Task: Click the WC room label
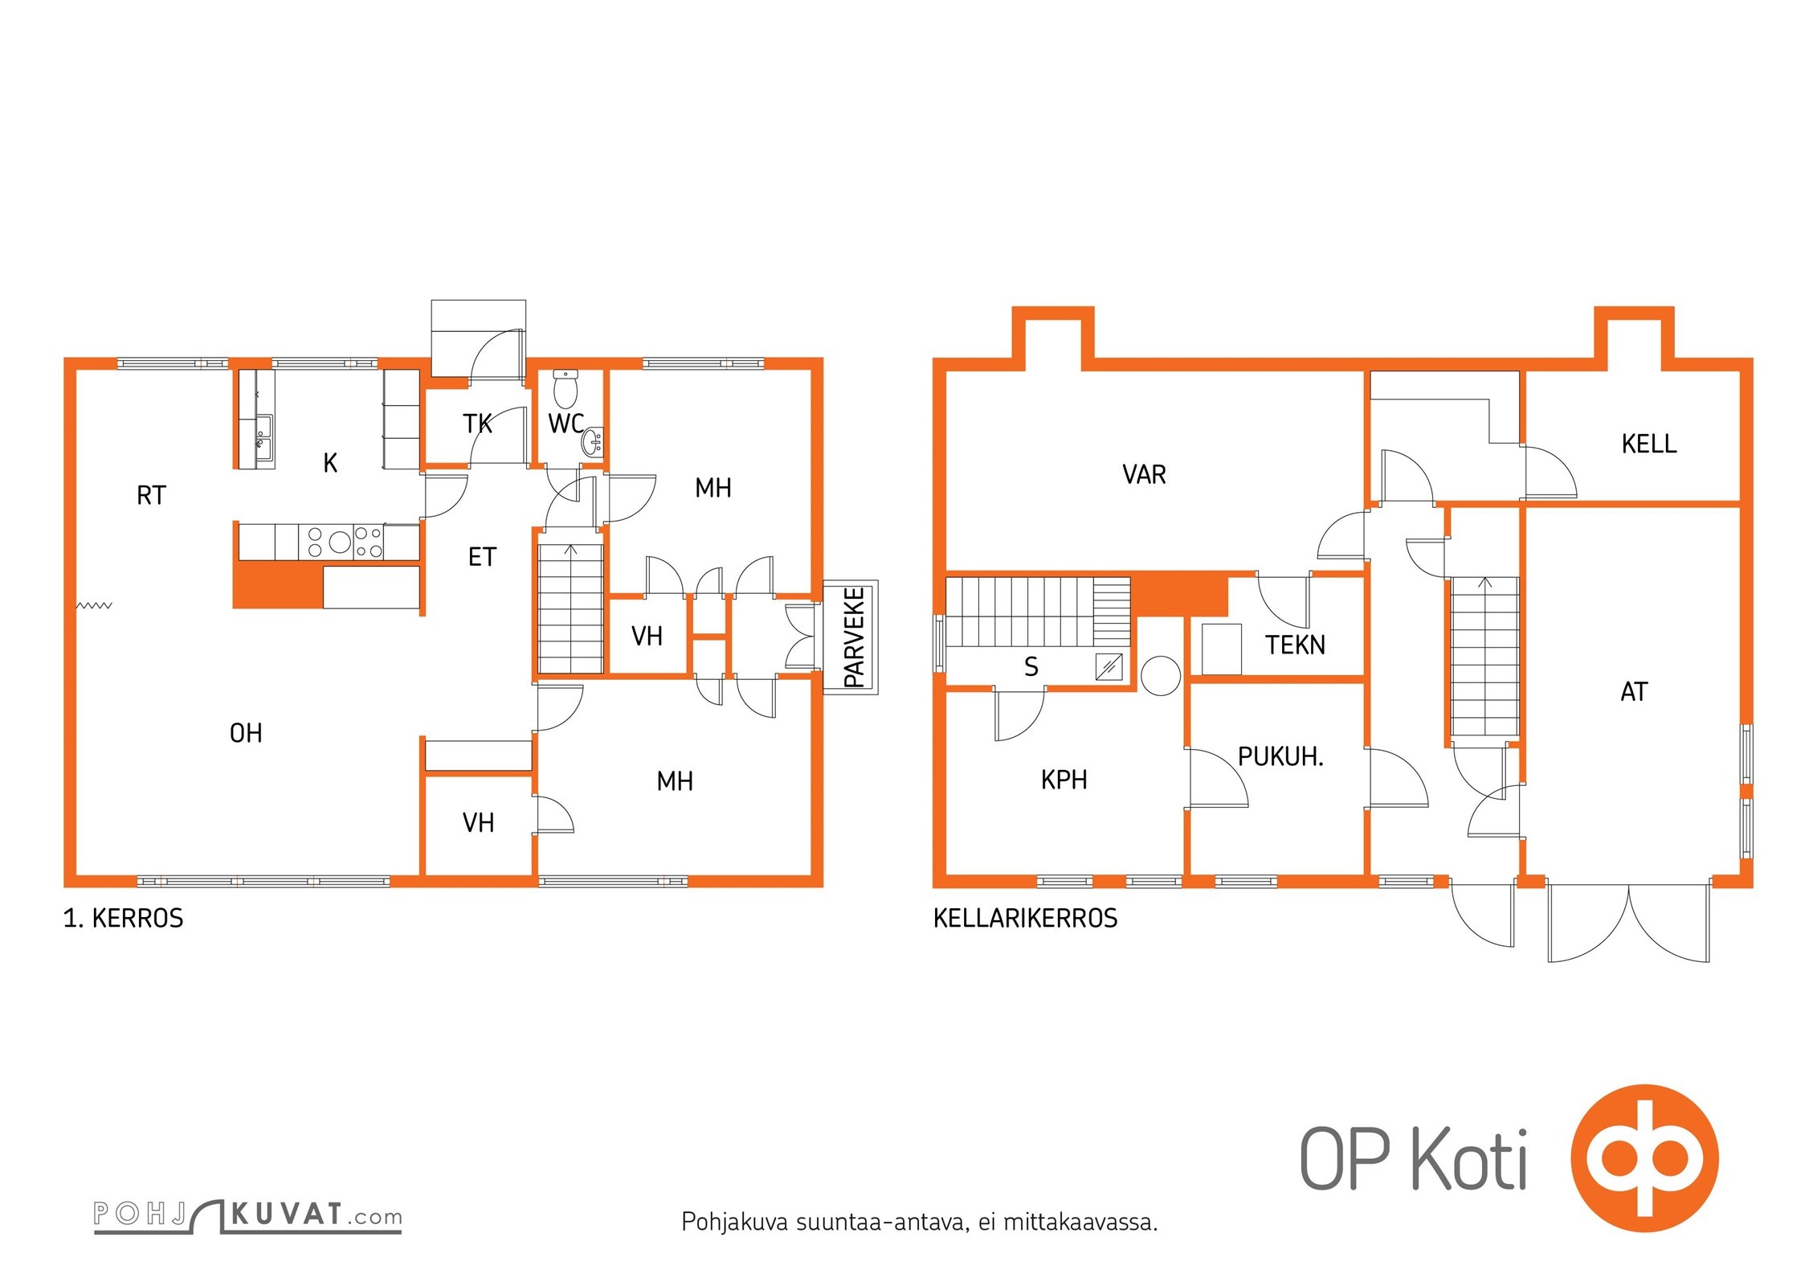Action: tap(566, 424)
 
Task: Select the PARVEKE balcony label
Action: tap(855, 637)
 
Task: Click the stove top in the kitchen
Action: tap(341, 541)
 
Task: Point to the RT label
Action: tap(151, 495)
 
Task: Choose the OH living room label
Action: tap(246, 733)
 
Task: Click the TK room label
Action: tap(477, 424)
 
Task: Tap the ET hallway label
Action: tap(482, 557)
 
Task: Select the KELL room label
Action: tap(1649, 444)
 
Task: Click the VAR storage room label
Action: tap(1144, 474)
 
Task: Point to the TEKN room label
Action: tap(1295, 645)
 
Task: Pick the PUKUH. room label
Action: tap(1280, 756)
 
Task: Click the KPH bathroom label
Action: tap(1064, 780)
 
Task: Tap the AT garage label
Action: tap(1634, 691)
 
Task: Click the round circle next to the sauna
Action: tap(1160, 675)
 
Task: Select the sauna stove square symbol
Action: tap(1109, 667)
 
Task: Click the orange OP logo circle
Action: tap(1644, 1157)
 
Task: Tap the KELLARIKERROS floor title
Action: tap(1025, 918)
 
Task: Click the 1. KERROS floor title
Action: tap(123, 918)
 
